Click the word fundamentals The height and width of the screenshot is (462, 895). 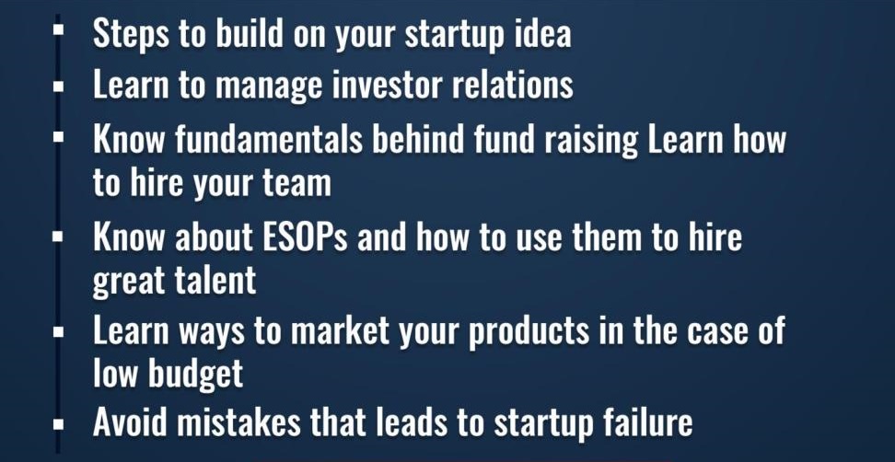(x=269, y=140)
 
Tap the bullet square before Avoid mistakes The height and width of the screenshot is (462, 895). (x=57, y=425)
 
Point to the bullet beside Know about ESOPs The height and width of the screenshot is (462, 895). (x=57, y=237)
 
